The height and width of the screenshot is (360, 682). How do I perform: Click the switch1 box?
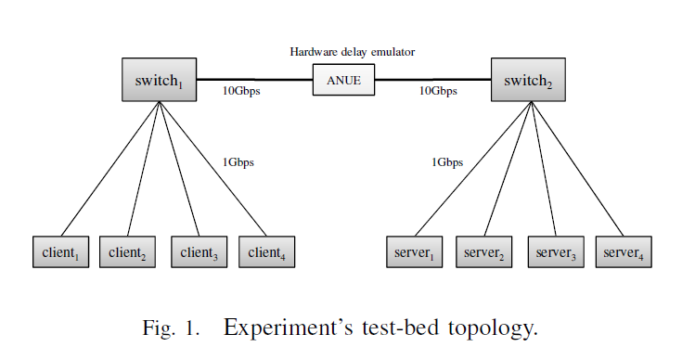coord(160,81)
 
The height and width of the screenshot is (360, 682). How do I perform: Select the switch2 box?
coord(528,81)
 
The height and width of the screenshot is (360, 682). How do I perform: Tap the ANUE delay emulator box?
coord(343,81)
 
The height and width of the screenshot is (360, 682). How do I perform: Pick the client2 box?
coord(128,252)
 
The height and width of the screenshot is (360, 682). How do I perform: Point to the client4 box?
coord(266,252)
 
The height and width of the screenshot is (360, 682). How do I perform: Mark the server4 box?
coord(624,252)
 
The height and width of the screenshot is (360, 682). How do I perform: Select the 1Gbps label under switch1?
coord(238,163)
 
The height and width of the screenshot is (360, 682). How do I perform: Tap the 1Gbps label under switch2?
coord(447,163)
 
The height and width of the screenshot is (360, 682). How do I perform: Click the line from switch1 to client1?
coord(111,168)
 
